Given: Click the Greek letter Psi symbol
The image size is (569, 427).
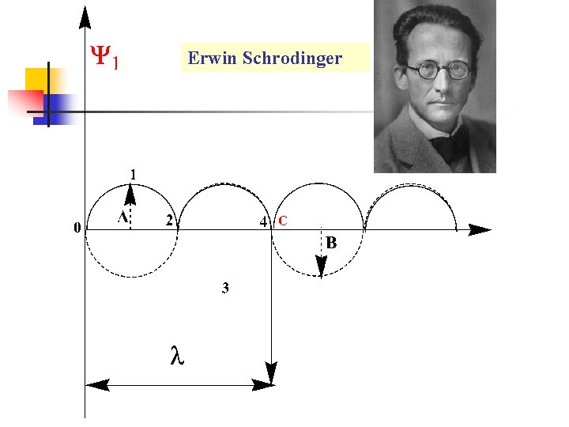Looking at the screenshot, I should [x=100, y=57].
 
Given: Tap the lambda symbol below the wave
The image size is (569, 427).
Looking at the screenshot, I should [x=177, y=357].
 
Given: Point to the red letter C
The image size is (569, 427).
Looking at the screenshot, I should [x=282, y=221].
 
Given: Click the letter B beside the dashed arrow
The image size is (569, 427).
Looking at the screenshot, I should [x=331, y=244].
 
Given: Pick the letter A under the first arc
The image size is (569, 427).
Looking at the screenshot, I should [x=122, y=217].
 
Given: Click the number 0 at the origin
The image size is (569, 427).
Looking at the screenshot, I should [x=76, y=229].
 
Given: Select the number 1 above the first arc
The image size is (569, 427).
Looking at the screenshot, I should [x=133, y=173].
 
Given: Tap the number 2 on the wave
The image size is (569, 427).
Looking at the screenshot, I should [x=169, y=221].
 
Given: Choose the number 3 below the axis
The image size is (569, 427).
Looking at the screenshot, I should [x=225, y=289].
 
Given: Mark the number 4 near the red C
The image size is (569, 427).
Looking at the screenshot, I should [x=264, y=221].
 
